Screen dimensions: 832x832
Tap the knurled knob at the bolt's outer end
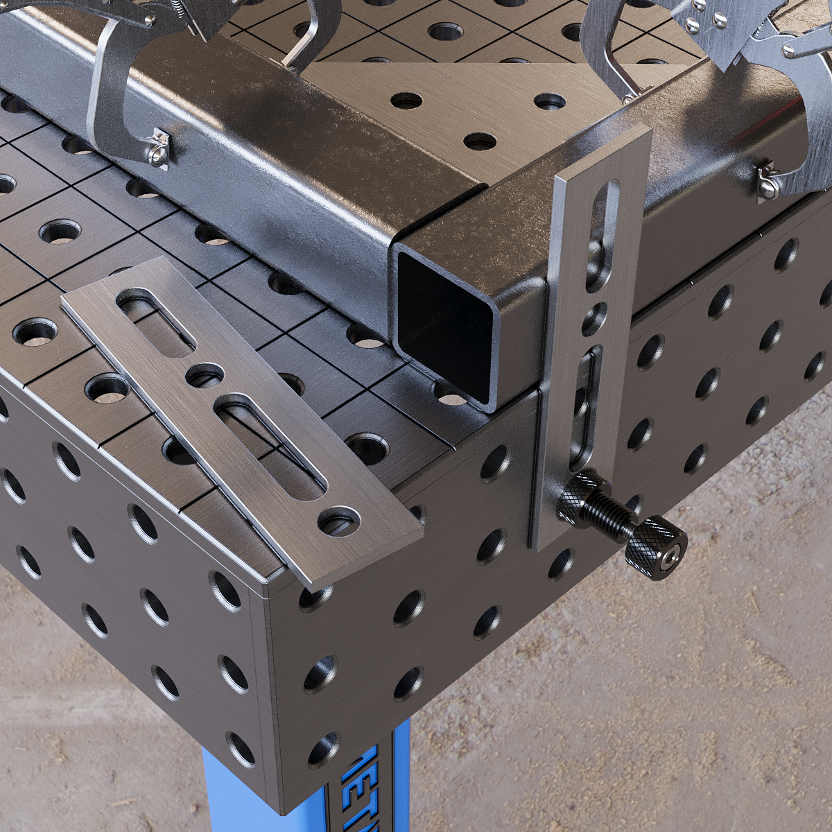656,548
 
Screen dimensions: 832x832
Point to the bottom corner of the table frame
277,808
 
